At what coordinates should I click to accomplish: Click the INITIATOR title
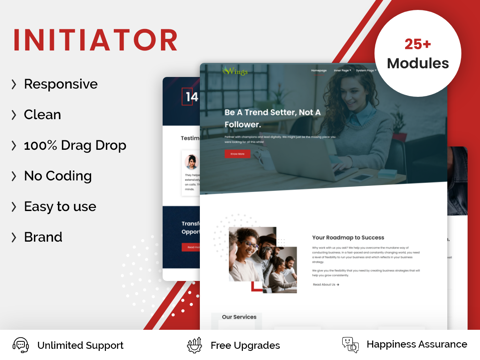[95, 40]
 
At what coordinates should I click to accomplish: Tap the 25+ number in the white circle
[418, 44]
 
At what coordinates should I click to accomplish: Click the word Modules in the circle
[418, 64]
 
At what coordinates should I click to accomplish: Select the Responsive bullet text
[60, 84]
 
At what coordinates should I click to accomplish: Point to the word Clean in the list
[42, 115]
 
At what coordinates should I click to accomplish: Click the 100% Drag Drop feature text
[75, 145]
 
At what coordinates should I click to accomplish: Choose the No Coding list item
[57, 176]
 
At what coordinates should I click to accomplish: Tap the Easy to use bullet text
[60, 206]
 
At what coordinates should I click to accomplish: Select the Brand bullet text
[43, 237]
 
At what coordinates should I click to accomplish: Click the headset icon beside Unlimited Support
[20, 344]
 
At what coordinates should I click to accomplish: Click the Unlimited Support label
[80, 345]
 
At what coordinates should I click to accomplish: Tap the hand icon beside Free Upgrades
[194, 344]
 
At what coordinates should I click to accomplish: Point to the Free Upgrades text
[246, 345]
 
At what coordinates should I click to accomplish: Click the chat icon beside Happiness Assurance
[350, 344]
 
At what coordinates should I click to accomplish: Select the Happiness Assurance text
[416, 345]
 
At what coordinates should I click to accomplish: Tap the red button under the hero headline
[237, 154]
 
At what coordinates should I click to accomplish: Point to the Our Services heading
[239, 317]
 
